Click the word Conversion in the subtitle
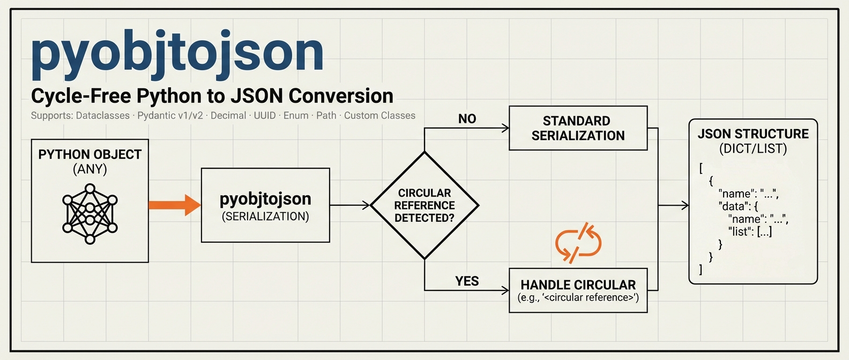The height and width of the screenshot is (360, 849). click(341, 96)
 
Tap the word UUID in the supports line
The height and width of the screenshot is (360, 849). click(265, 116)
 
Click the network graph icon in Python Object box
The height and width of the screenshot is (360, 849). click(90, 214)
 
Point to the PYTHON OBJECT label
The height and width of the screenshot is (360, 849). click(90, 154)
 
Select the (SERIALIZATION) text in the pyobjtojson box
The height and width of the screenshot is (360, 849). click(265, 216)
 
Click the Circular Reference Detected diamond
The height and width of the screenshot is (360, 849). click(424, 205)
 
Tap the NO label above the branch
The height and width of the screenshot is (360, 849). click(467, 119)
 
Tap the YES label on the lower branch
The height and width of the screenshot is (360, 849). click(467, 281)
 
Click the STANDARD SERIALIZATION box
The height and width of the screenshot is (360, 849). click(578, 128)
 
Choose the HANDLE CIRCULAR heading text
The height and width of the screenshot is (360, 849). click(578, 285)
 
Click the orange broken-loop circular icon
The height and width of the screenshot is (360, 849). click(578, 243)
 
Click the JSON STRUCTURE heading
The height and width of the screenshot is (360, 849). click(753, 134)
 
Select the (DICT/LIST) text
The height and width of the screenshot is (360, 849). click(753, 148)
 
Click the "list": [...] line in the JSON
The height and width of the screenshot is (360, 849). click(750, 231)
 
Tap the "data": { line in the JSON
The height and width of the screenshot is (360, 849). click(738, 206)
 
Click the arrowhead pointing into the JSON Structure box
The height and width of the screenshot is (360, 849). click(685, 205)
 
